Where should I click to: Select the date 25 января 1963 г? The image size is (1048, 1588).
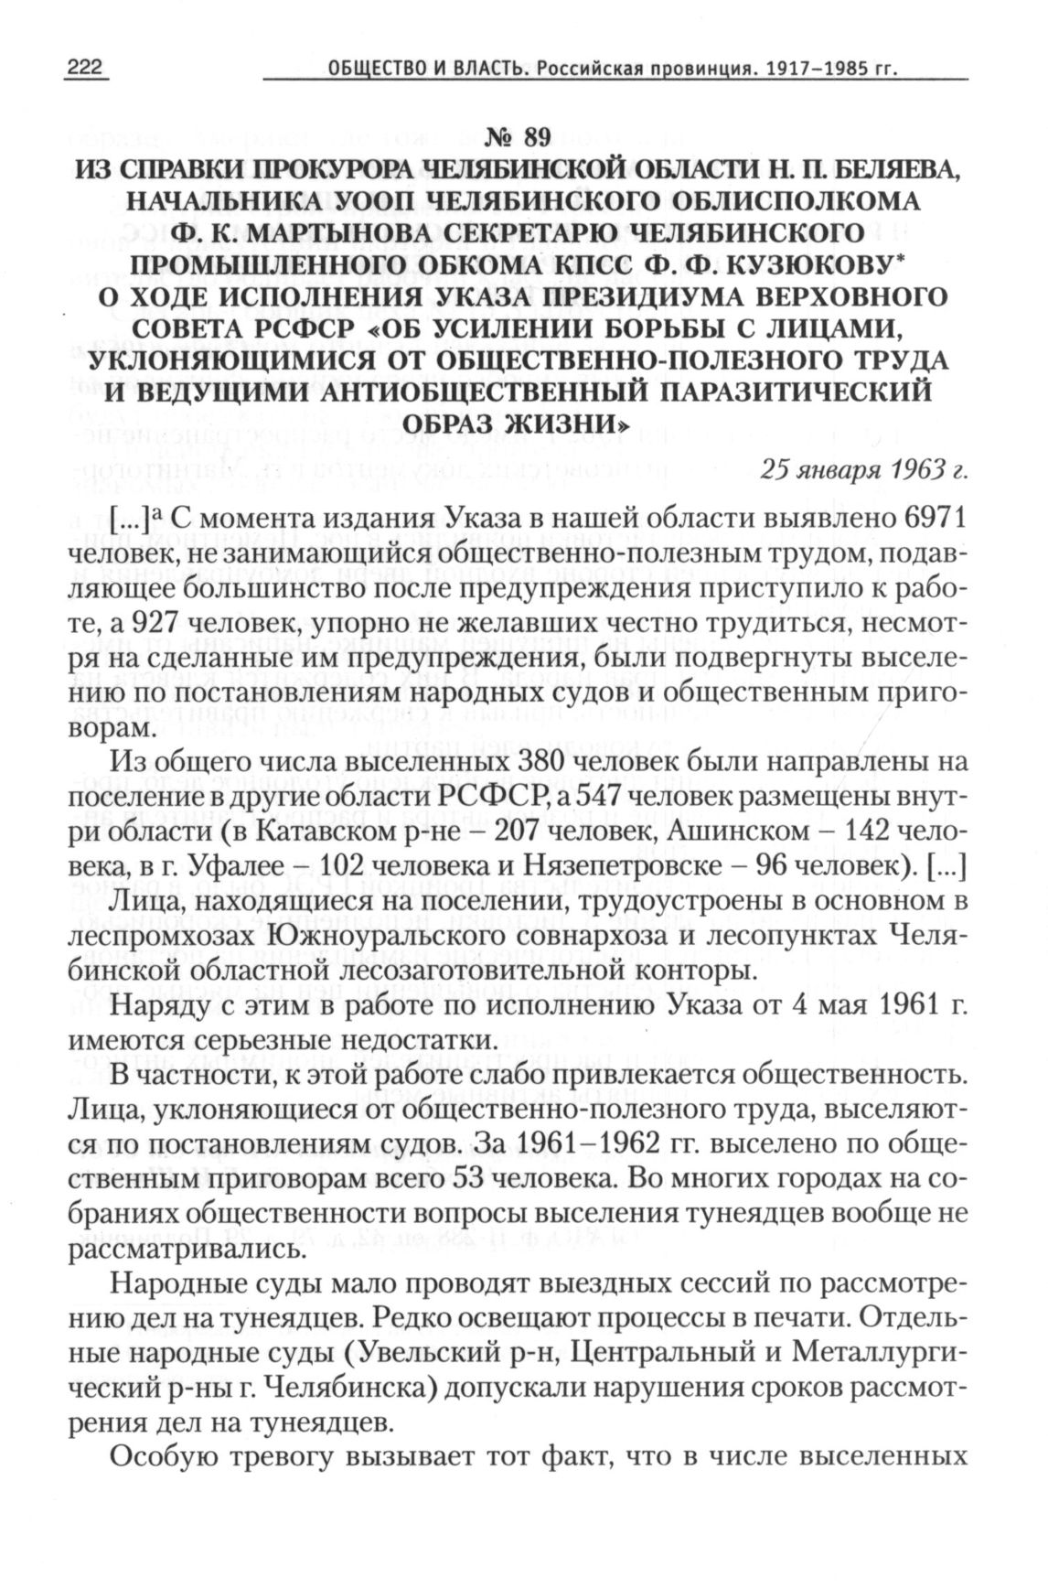(864, 469)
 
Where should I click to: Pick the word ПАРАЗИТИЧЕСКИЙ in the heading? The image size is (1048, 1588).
(781, 392)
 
